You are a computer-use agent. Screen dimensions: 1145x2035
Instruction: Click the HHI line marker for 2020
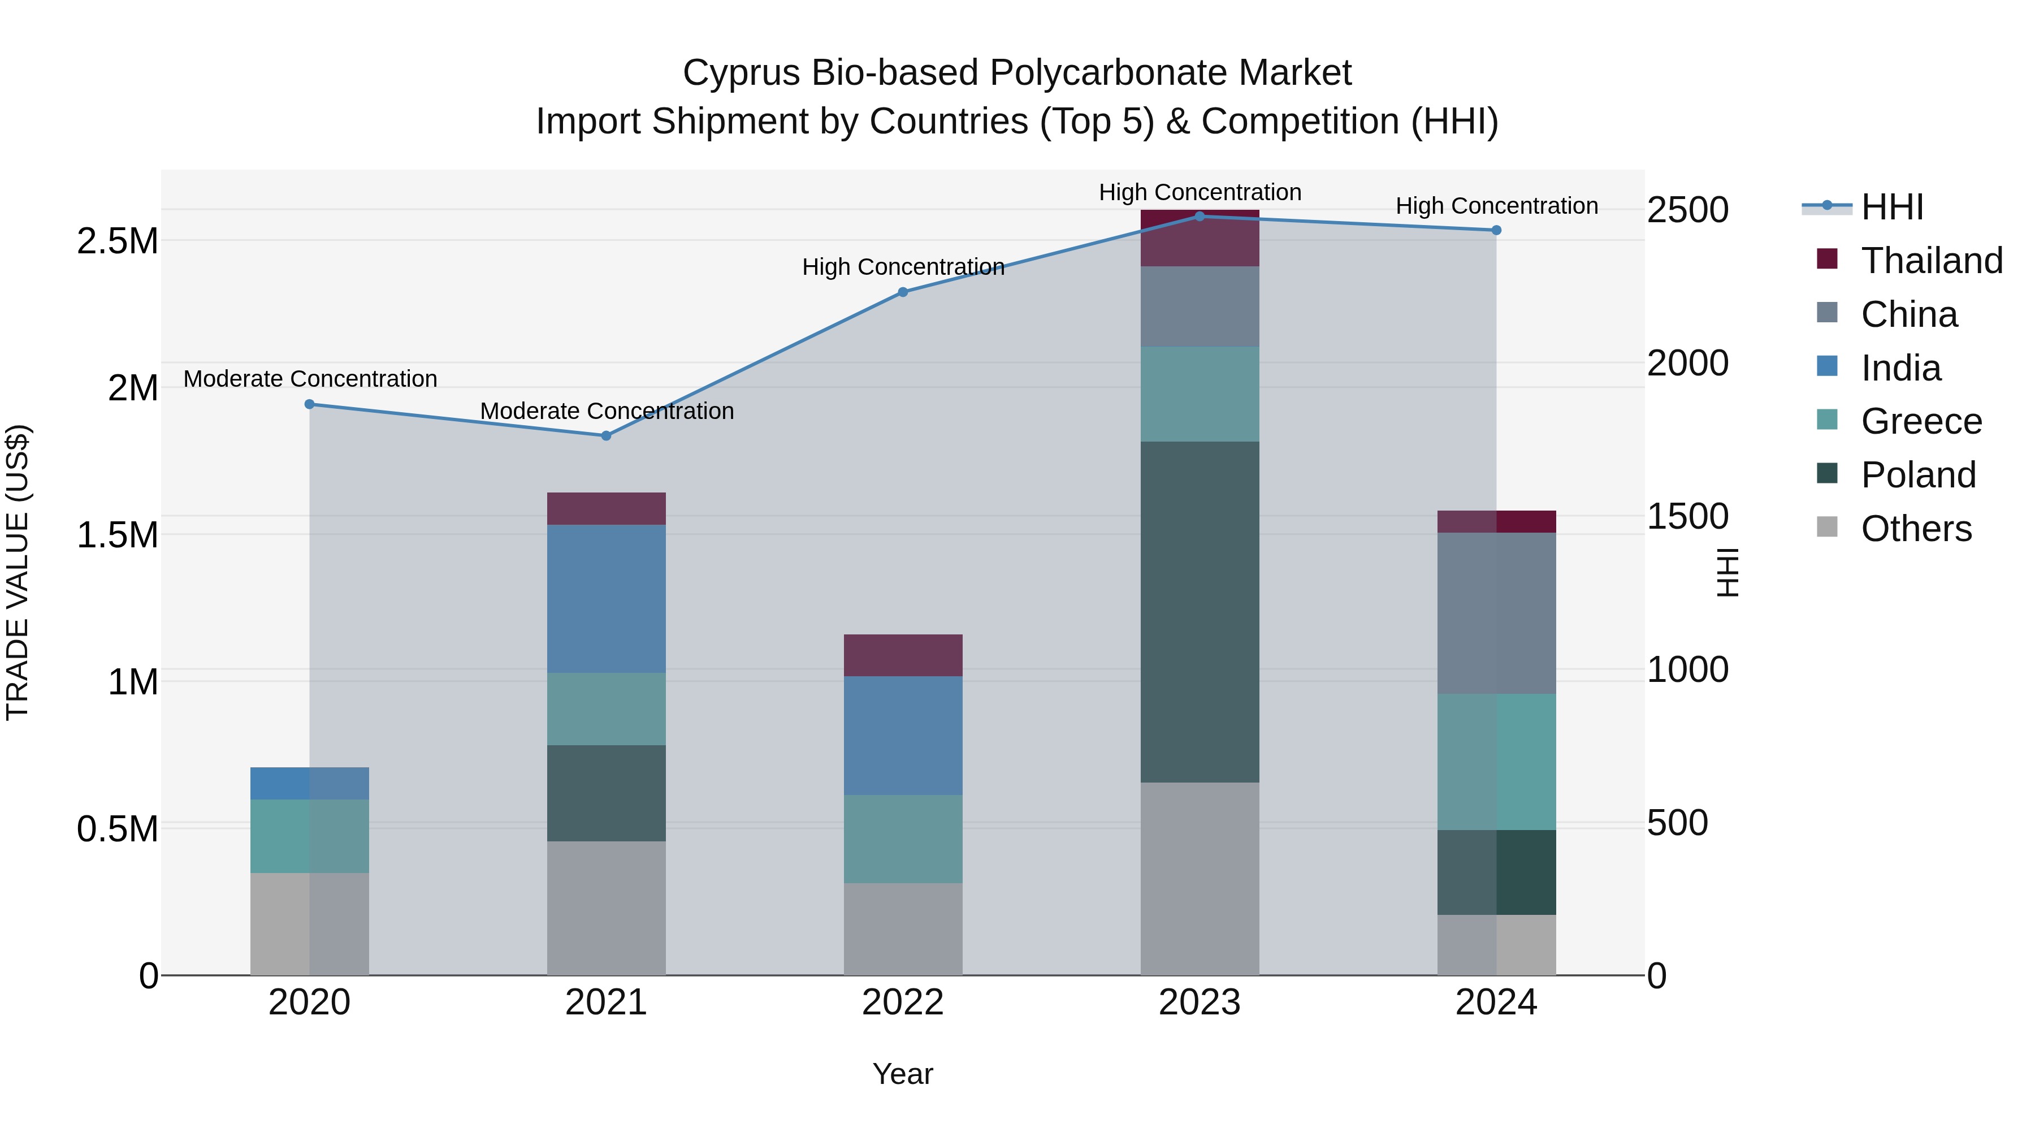[310, 405]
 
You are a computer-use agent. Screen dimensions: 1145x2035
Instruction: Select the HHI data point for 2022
[903, 292]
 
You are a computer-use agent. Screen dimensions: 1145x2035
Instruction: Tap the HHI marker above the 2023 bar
[1199, 217]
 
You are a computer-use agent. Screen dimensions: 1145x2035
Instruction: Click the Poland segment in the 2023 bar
[1199, 612]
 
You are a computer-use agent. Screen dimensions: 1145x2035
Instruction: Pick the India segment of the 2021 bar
[606, 598]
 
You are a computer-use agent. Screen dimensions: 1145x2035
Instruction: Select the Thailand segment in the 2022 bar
[903, 655]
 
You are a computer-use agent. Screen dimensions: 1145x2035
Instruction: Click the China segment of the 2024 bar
[1496, 613]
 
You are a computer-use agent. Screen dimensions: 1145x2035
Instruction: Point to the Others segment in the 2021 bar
[606, 908]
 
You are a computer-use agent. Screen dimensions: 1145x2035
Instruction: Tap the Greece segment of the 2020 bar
[310, 836]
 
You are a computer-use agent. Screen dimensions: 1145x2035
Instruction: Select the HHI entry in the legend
[1891, 207]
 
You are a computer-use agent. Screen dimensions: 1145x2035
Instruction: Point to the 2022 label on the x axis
[903, 1003]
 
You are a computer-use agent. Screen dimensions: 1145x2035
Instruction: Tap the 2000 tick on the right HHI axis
[1687, 364]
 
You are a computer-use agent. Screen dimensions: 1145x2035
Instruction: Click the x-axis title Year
[903, 1074]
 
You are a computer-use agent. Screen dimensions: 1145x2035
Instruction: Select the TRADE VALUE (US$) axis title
[18, 572]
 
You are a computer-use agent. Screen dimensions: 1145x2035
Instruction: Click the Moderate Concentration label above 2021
[607, 411]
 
